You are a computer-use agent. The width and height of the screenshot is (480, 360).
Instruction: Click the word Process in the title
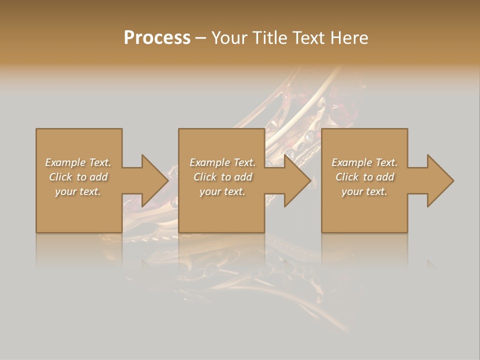(x=157, y=38)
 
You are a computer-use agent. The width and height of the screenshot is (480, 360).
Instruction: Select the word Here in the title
(x=349, y=38)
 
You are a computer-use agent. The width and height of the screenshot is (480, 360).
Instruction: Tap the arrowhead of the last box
(x=440, y=180)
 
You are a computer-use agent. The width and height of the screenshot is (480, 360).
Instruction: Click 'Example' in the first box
(x=65, y=162)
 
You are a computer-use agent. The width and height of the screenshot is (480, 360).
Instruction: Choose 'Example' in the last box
(x=352, y=162)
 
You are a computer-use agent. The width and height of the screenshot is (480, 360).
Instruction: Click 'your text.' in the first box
(x=78, y=191)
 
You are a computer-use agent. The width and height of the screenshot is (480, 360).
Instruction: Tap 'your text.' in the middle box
(x=222, y=191)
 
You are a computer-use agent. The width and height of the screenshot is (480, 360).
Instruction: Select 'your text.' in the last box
(x=364, y=191)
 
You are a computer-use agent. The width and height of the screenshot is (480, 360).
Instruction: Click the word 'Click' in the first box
(x=60, y=177)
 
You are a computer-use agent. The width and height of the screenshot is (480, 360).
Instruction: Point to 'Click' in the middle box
(x=205, y=177)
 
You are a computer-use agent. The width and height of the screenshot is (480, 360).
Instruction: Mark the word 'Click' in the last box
(x=347, y=177)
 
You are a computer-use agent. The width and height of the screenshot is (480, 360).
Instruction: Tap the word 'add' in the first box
(x=99, y=177)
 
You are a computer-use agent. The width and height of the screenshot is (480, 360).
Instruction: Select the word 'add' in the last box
(x=385, y=177)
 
